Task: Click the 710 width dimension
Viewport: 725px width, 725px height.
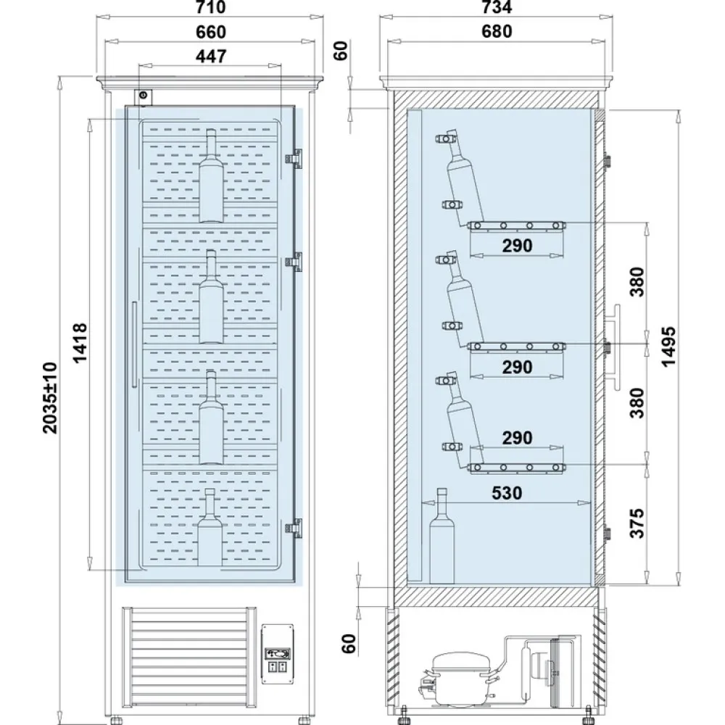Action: [210, 7]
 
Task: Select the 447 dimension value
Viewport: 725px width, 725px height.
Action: [211, 56]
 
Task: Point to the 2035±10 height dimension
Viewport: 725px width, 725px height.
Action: [50, 398]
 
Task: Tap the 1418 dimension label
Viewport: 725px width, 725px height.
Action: [80, 343]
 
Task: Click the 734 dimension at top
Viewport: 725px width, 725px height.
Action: [497, 7]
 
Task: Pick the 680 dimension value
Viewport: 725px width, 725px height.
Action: [497, 31]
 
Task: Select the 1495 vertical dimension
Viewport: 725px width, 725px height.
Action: [668, 347]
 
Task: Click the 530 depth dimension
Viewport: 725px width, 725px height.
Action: [507, 493]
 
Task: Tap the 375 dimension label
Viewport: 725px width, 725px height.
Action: [637, 523]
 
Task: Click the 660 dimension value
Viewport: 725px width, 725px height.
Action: [211, 32]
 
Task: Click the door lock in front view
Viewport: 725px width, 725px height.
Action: [144, 96]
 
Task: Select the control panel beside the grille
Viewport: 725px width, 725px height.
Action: [278, 654]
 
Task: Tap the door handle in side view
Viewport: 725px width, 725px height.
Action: [614, 347]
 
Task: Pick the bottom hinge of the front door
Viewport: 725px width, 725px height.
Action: [294, 527]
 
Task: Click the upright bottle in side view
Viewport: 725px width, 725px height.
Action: [442, 536]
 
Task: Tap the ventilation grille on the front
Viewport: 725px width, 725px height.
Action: [189, 653]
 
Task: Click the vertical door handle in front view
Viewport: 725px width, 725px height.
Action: [134, 344]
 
